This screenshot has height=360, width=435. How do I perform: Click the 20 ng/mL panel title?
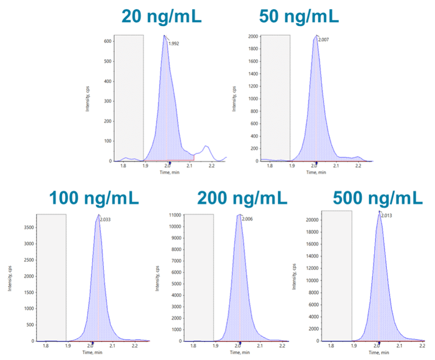[161, 16]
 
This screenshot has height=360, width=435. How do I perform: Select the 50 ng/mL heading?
[299, 16]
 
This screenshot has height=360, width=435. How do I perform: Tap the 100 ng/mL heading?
[94, 197]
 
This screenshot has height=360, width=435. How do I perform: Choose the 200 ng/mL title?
[242, 197]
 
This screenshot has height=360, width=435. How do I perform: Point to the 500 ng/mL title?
[378, 197]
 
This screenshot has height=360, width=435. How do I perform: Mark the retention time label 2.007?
[324, 39]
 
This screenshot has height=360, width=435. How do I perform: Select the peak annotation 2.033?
[106, 220]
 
